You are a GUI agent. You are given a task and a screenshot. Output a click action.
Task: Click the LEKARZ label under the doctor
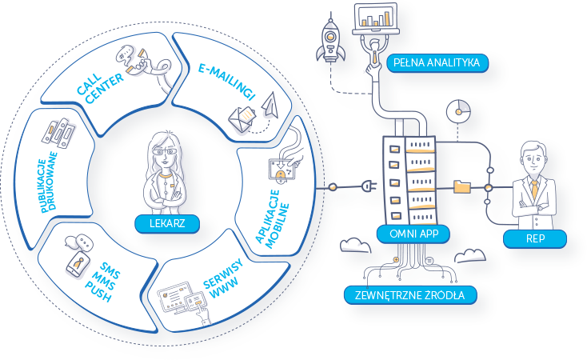167,223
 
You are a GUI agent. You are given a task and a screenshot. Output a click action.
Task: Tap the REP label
535,238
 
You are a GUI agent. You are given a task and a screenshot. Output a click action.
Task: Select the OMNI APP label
413,234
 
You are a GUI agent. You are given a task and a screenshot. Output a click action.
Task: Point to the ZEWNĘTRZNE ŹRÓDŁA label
410,296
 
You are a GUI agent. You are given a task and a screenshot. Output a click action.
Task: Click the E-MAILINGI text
226,78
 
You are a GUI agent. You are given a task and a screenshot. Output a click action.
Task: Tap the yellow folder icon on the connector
462,187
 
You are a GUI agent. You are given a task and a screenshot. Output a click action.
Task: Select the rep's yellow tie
534,189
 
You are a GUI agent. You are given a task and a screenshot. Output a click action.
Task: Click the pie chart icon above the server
457,113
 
